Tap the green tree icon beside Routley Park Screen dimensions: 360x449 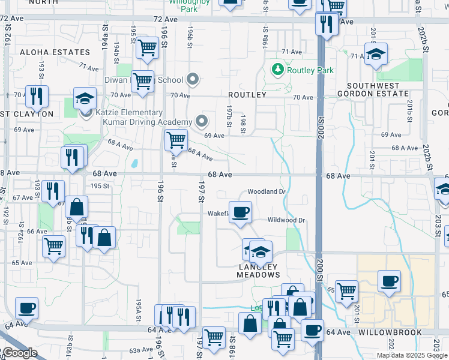click(x=278, y=70)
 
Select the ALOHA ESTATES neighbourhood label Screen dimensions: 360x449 click(x=55, y=52)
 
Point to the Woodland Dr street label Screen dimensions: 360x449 click(x=266, y=191)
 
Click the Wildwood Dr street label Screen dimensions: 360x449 click(x=287, y=220)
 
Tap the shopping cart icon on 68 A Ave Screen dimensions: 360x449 click(x=176, y=140)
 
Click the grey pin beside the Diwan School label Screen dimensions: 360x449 click(x=193, y=79)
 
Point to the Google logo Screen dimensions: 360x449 click(x=20, y=353)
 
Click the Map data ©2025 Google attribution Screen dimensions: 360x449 click(x=412, y=355)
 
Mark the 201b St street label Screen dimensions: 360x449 click(x=409, y=107)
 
